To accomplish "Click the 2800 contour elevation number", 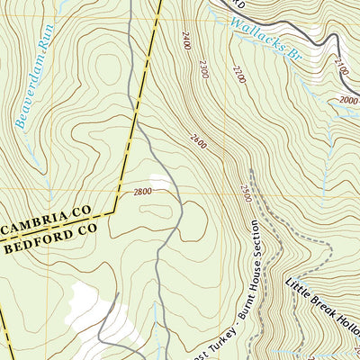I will click(x=141, y=192).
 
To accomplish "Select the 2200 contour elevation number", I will click(x=237, y=75).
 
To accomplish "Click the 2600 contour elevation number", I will click(x=200, y=139).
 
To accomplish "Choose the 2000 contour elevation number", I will click(x=349, y=101).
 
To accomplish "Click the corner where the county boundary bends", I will click(x=114, y=213).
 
